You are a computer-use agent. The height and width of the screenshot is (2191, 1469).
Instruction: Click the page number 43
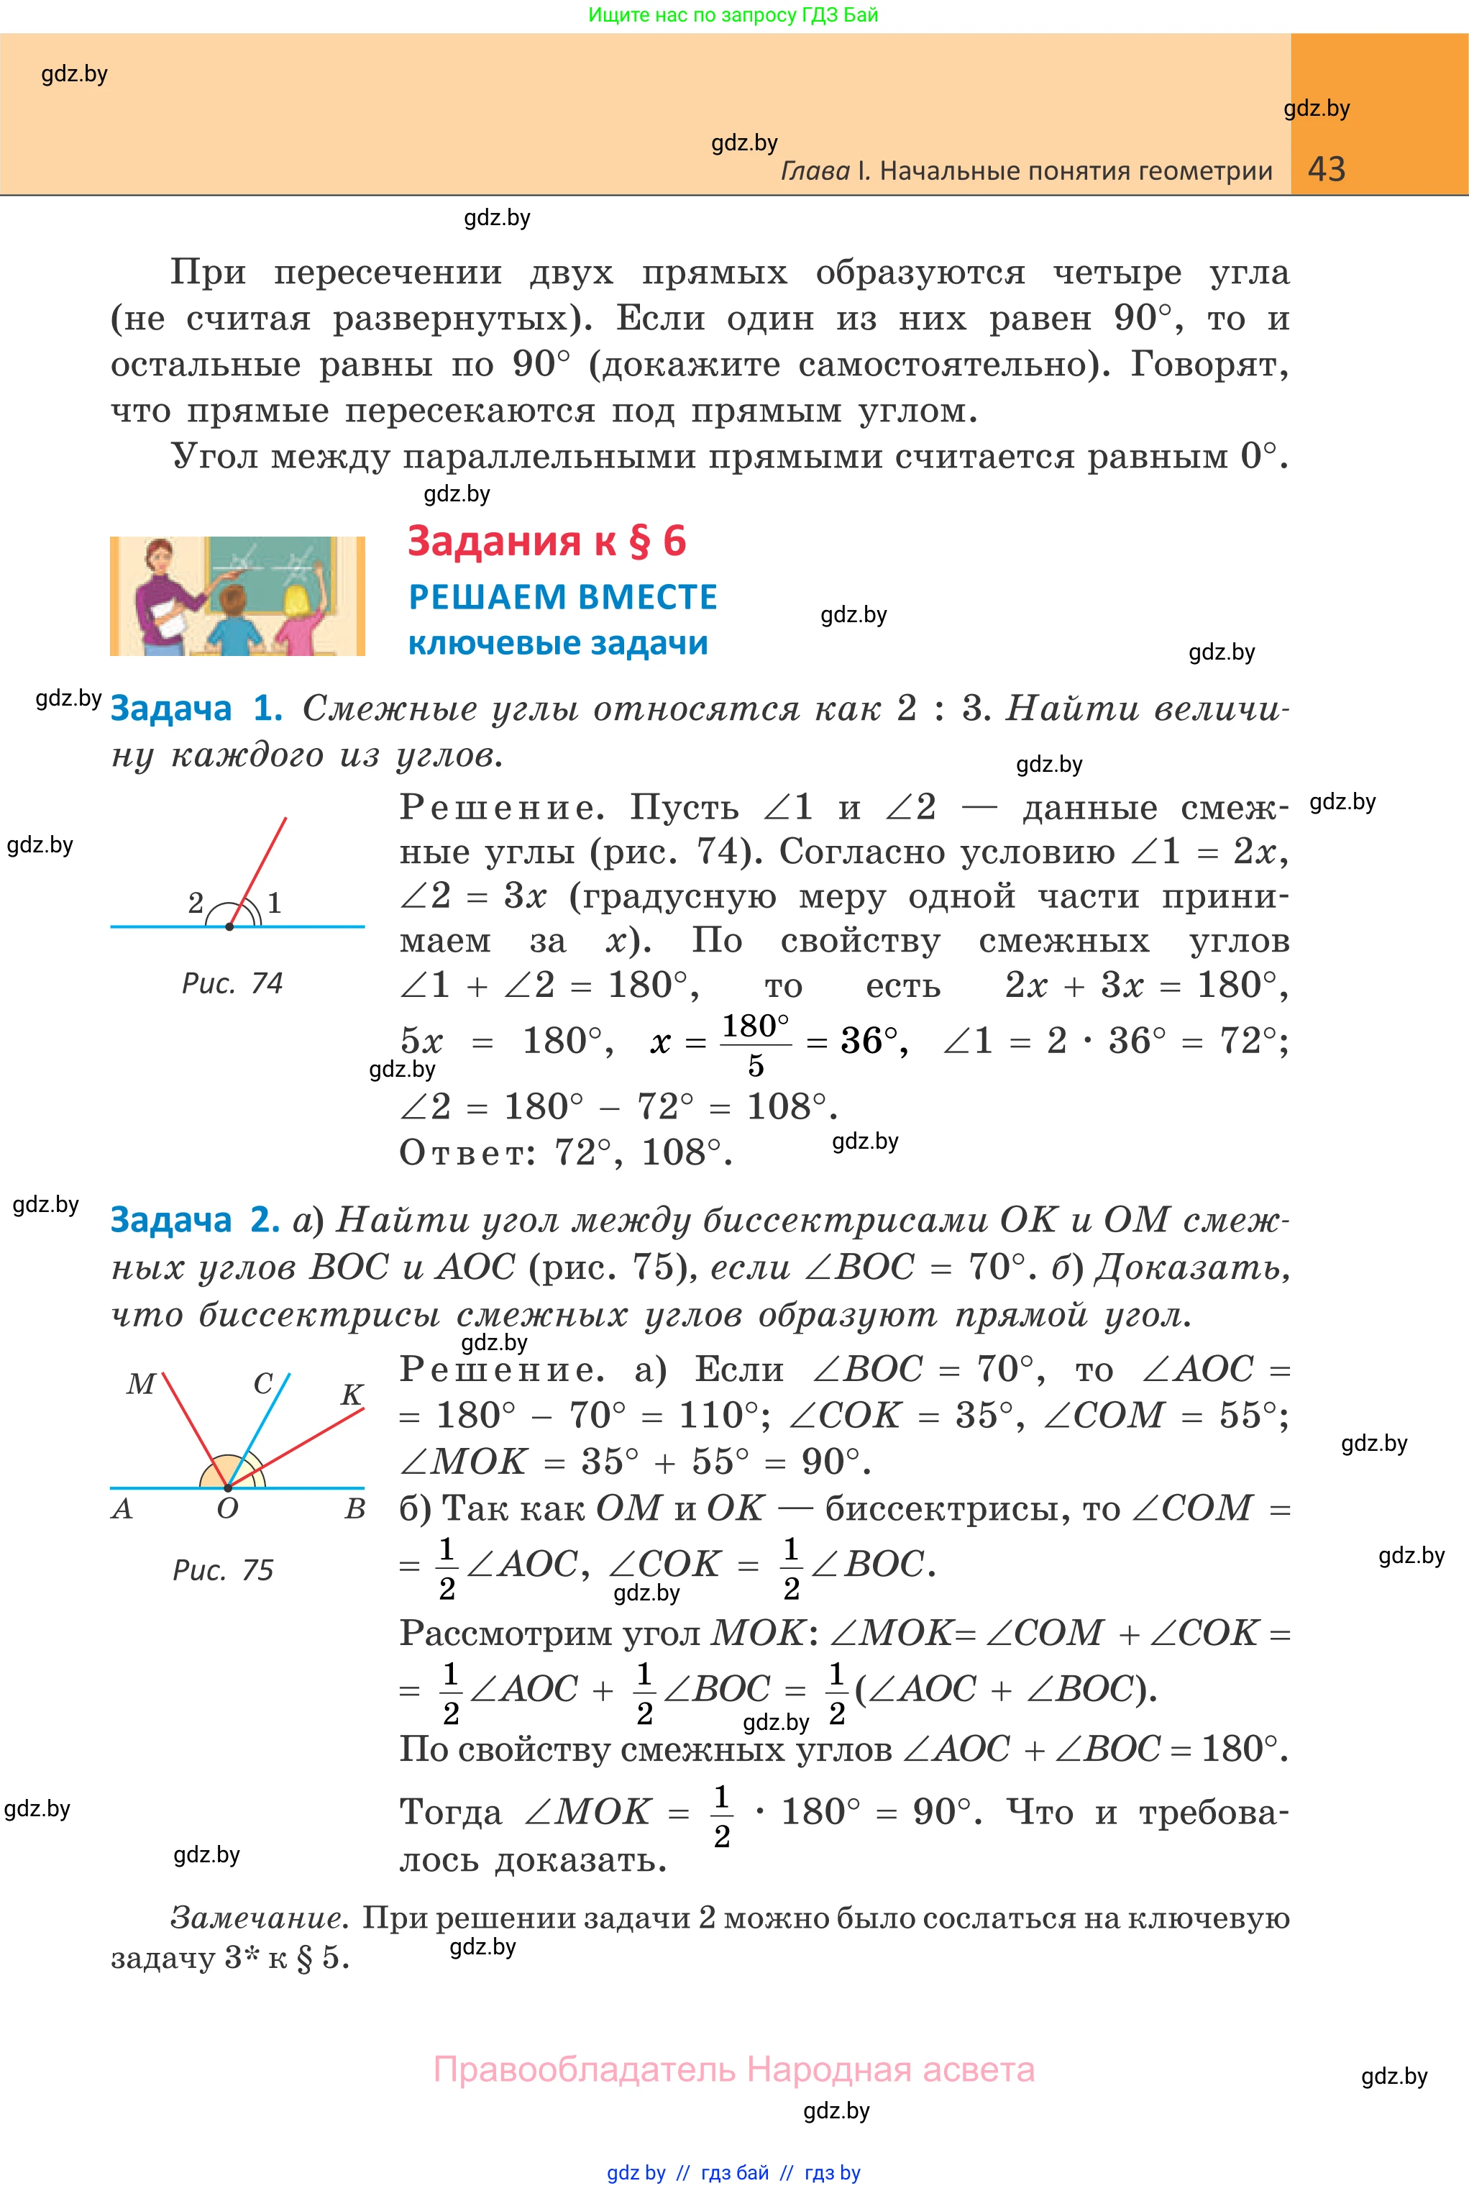pos(1326,170)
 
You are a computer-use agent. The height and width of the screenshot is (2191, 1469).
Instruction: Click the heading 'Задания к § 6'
pos(546,542)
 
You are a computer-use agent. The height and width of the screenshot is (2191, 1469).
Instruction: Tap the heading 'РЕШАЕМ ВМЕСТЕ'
pos(562,597)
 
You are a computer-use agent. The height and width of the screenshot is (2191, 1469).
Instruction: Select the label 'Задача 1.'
pos(196,709)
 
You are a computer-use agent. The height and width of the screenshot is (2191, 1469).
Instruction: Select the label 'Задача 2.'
pos(195,1219)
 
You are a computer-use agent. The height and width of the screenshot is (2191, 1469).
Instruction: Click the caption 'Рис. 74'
pos(232,983)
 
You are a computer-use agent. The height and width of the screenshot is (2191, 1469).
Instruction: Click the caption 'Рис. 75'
pos(223,1570)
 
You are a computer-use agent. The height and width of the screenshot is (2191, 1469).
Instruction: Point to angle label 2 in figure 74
pos(196,903)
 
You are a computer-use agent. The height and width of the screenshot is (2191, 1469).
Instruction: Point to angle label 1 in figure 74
pos(275,903)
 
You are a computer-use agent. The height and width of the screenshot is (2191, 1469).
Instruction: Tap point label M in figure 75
pos(140,1384)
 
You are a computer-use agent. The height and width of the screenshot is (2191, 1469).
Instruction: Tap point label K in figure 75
pos(352,1395)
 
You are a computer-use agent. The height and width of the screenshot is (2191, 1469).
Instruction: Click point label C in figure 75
pos(263,1383)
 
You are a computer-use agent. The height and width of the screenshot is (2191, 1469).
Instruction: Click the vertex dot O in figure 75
pos(228,1488)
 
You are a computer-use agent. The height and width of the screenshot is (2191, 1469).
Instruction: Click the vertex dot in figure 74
pos(229,926)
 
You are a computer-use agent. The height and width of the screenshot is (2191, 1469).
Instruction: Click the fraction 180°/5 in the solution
pos(755,1044)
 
